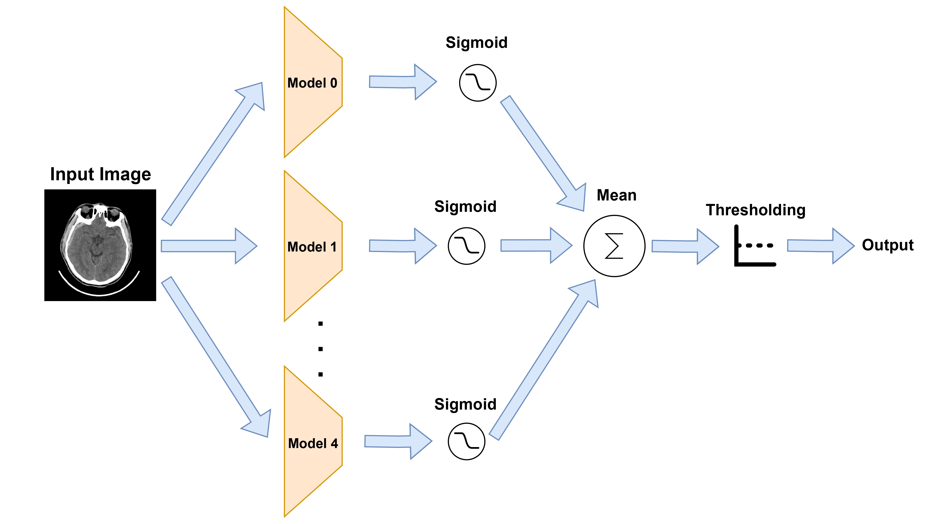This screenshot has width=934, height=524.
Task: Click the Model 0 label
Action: [312, 83]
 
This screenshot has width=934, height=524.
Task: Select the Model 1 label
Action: [312, 247]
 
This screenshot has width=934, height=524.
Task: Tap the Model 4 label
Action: [313, 443]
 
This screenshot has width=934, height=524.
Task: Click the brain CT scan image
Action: [100, 245]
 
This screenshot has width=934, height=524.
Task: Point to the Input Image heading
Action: [100, 175]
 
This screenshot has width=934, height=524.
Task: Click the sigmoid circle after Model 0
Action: [478, 83]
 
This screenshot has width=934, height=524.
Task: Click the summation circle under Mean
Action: [614, 246]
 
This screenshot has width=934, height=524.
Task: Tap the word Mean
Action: [616, 195]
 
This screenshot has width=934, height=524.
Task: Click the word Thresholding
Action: [756, 210]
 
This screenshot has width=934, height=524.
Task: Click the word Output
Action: [888, 245]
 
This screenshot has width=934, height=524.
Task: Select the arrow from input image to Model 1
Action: [208, 246]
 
